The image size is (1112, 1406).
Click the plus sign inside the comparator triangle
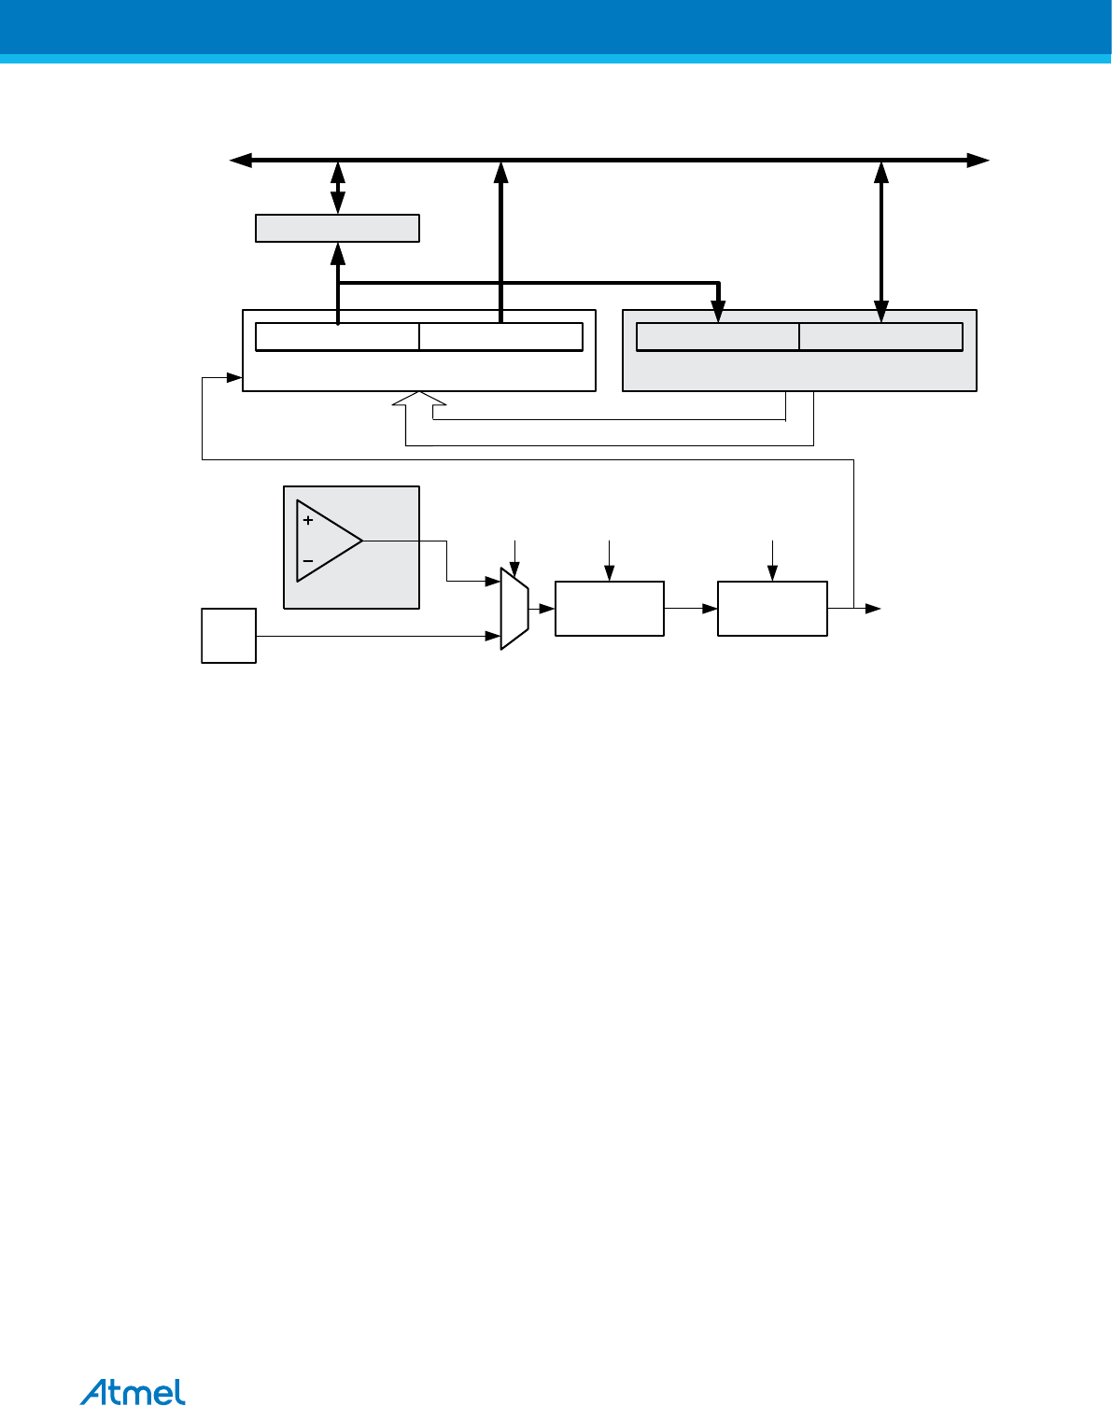308,520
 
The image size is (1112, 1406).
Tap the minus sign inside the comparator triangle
308,561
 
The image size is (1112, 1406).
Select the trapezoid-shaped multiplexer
514,608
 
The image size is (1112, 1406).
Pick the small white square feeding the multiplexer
229,636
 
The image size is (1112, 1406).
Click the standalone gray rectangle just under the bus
337,228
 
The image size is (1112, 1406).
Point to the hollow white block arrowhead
420,400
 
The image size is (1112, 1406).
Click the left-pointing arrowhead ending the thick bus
240,161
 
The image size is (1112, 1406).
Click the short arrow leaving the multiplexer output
542,608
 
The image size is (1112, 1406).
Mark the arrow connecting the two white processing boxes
691,608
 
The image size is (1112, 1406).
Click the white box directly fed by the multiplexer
610,608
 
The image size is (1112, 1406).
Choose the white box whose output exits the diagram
772,608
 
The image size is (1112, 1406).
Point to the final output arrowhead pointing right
873,609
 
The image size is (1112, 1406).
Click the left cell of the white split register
337,337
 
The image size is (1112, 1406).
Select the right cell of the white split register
500,337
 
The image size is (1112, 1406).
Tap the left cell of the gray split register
717,337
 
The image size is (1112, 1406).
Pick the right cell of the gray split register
880,337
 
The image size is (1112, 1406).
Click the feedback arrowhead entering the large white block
234,377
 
